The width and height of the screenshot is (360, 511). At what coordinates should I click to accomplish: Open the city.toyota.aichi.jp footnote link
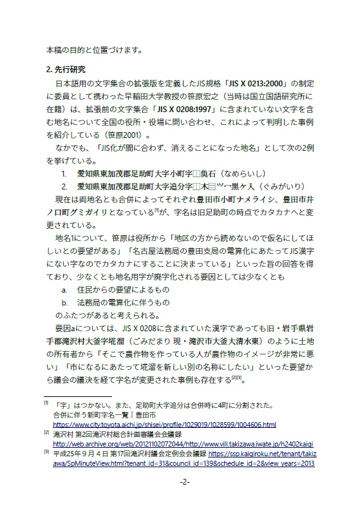pyautogui.click(x=164, y=425)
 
